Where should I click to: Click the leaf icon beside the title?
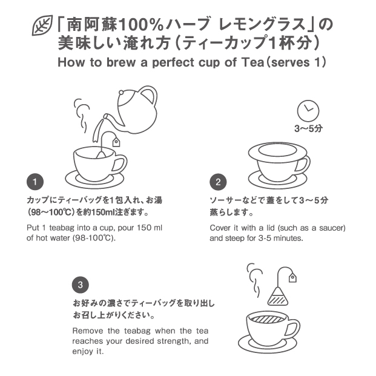[x=42, y=25]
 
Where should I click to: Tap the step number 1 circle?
[x=35, y=182]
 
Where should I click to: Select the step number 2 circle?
[x=218, y=182]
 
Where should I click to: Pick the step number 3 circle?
[x=81, y=285]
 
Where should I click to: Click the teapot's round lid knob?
[x=121, y=93]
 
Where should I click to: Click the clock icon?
[x=308, y=111]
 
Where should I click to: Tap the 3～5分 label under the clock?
[x=308, y=128]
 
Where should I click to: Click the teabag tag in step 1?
[x=116, y=142]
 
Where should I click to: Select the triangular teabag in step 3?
[x=278, y=296]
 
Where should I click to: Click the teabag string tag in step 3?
[x=292, y=277]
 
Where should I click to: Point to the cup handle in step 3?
[x=293, y=331]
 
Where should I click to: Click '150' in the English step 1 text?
[x=144, y=227]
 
